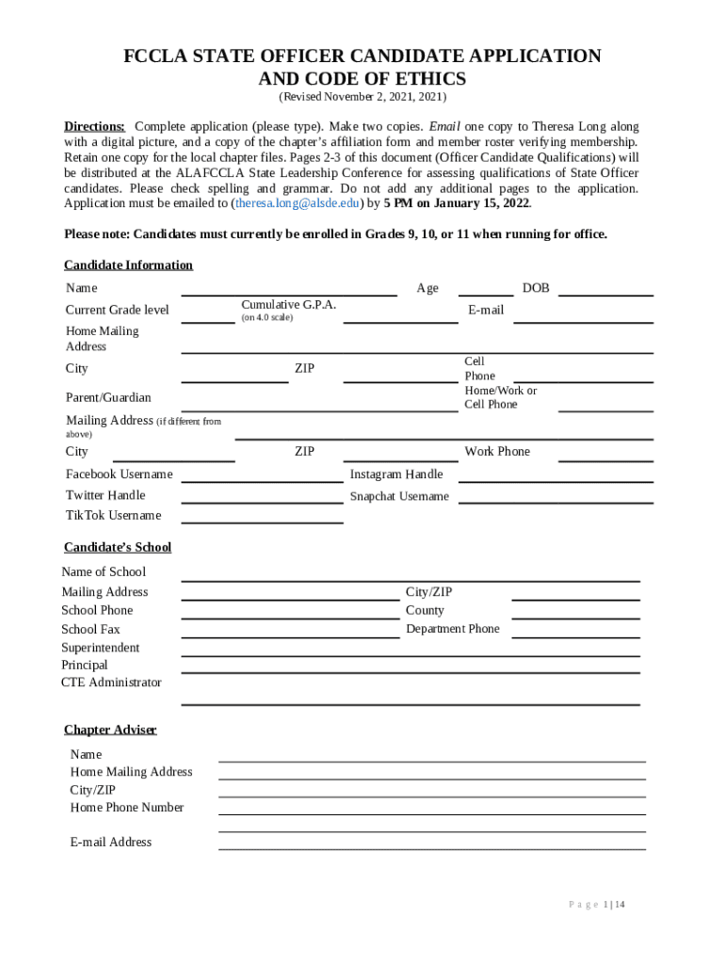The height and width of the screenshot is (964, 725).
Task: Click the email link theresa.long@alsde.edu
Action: point(298,203)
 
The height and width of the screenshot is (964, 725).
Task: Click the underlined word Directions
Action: point(94,127)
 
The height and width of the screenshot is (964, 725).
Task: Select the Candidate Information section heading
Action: point(128,265)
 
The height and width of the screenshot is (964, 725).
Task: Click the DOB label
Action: point(536,288)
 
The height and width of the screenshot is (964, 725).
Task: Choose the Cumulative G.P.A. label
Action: point(288,305)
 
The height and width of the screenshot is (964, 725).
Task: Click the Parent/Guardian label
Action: point(108,398)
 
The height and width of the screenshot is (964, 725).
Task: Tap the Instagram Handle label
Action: point(396,474)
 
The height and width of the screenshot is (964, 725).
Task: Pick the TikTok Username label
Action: point(113,516)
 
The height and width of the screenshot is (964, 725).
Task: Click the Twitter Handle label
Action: point(105,495)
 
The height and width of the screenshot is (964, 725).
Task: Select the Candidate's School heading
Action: point(118,548)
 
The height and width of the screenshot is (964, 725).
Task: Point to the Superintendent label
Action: point(101,648)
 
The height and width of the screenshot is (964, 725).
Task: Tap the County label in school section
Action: point(425,611)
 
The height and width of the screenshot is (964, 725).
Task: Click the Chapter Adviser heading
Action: point(110,731)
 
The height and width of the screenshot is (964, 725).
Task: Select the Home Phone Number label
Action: point(127,808)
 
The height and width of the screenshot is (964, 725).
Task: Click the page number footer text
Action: point(596,905)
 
